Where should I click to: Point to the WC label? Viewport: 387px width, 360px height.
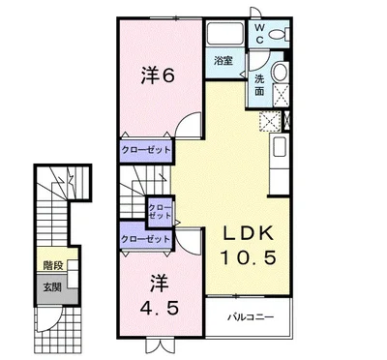tap(259, 34)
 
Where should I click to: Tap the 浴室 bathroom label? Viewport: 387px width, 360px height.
tap(223, 60)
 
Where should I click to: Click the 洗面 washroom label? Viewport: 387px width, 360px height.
tap(259, 85)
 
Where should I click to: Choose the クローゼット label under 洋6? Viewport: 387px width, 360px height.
tap(144, 150)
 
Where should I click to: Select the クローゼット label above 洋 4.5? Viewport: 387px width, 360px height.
tap(144, 238)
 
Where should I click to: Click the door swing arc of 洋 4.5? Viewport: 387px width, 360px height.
tap(192, 243)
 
